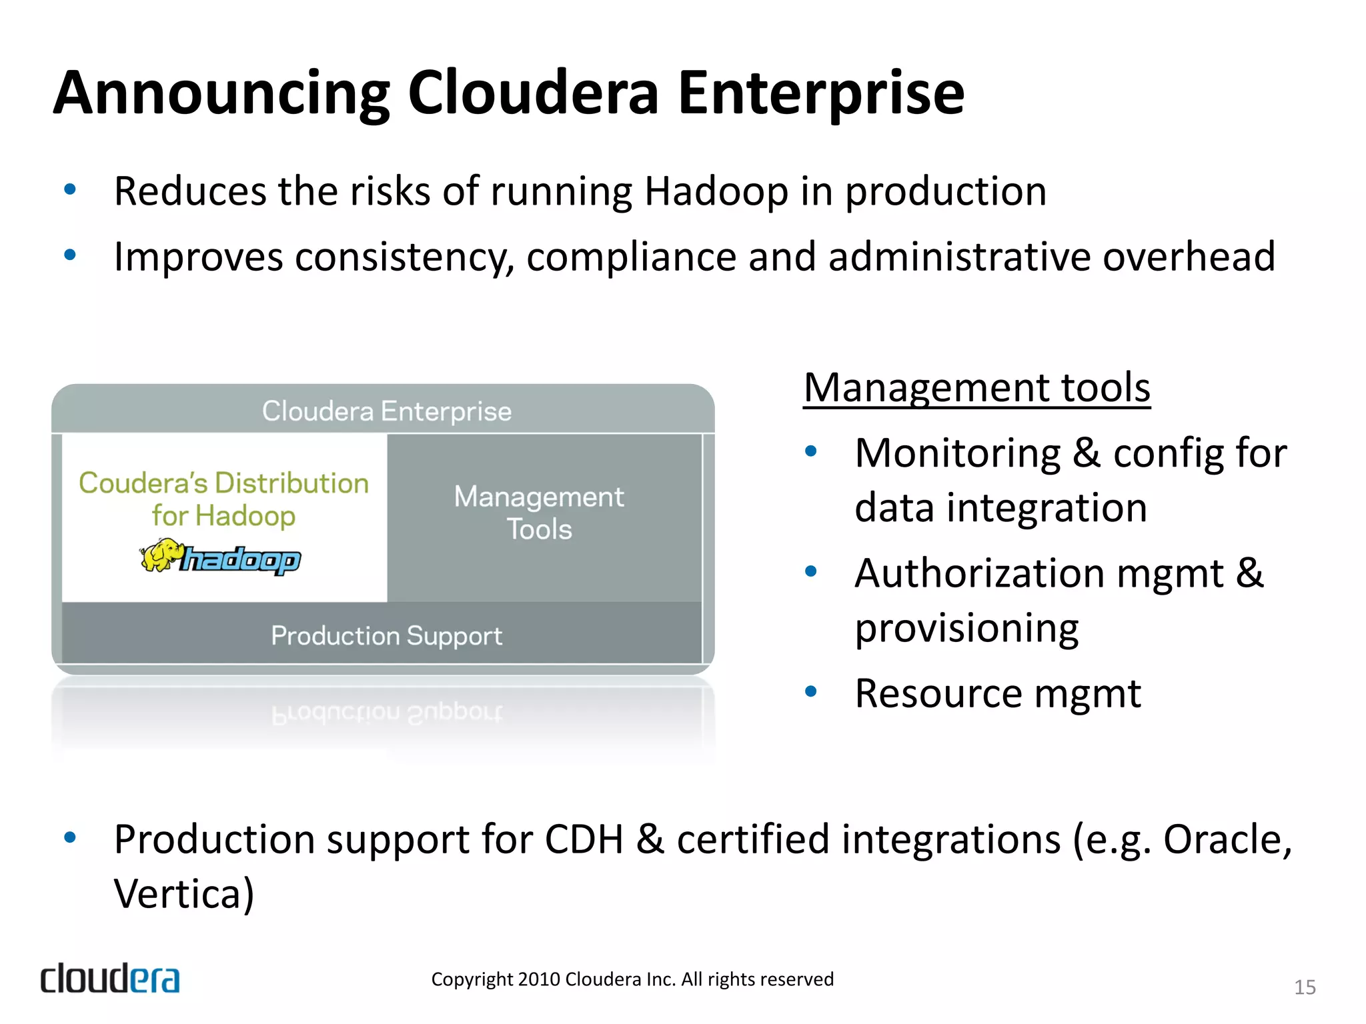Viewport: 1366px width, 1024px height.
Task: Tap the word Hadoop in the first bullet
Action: (716, 192)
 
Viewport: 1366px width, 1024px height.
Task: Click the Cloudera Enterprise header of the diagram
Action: (386, 411)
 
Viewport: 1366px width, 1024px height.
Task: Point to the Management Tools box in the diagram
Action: (539, 513)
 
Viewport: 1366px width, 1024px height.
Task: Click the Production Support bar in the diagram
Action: (386, 635)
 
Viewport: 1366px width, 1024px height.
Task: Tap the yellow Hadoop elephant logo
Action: (161, 555)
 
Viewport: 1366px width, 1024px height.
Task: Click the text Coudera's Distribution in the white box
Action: (223, 483)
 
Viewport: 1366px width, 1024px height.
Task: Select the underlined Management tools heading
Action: (976, 388)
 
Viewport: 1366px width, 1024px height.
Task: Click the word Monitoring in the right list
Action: (957, 454)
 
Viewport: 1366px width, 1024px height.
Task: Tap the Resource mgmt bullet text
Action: (998, 694)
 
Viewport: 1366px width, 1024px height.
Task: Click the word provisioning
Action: (966, 629)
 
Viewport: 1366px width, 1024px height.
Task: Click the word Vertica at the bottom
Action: (183, 894)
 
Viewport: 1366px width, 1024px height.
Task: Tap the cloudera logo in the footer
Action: (110, 979)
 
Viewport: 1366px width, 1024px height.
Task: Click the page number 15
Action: (1305, 987)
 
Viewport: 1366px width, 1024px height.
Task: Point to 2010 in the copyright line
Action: (539, 979)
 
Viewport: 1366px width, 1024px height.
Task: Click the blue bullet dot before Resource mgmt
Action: (810, 692)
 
